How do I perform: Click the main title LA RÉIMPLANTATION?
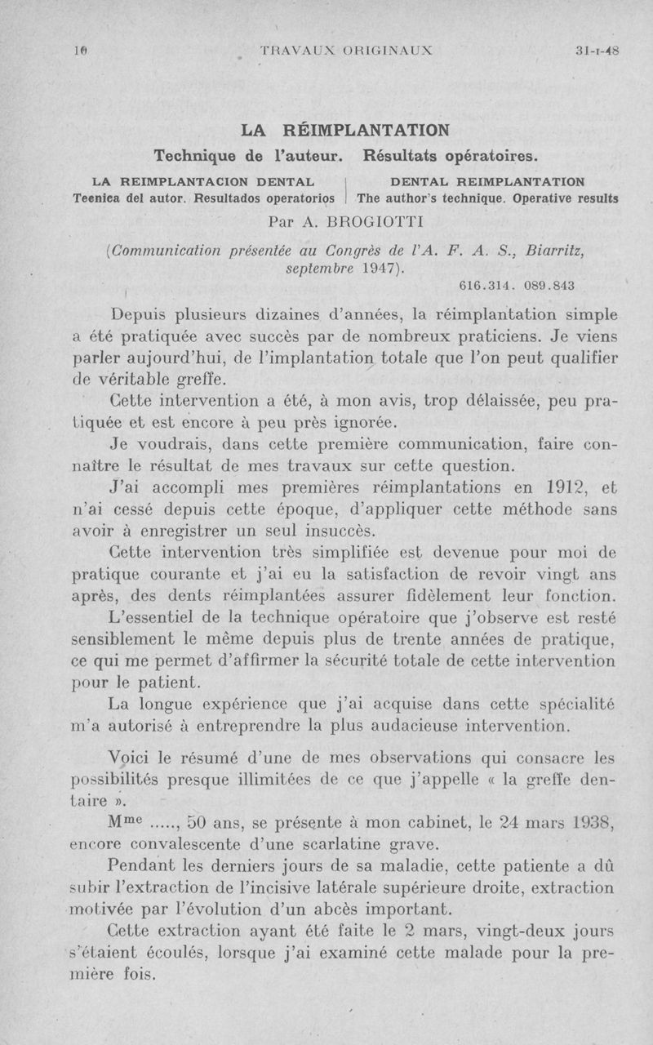[345, 130]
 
